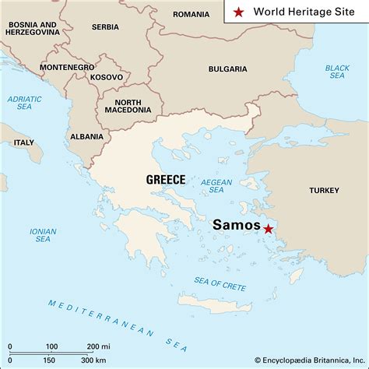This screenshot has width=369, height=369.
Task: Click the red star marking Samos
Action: pyautogui.click(x=269, y=229)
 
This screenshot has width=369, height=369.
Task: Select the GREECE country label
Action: pyautogui.click(x=165, y=180)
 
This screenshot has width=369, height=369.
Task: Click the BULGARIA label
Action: pyautogui.click(x=227, y=69)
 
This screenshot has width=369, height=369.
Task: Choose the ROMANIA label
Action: pyautogui.click(x=191, y=14)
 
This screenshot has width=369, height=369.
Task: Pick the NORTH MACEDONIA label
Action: pyautogui.click(x=128, y=105)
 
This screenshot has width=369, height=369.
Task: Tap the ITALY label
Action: pyautogui.click(x=23, y=142)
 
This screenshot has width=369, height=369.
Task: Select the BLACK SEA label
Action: pyautogui.click(x=337, y=72)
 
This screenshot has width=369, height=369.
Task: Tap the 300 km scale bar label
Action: pyautogui.click(x=94, y=360)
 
